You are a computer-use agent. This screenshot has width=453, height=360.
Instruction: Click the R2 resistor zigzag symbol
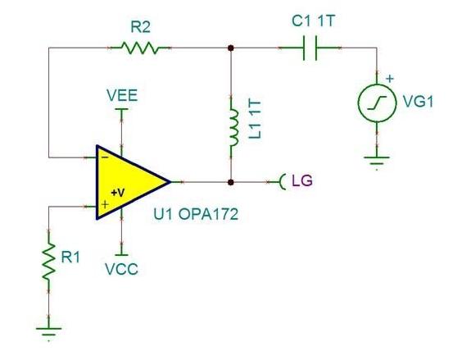[x=140, y=48]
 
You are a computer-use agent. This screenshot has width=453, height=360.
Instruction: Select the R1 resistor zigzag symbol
[x=48, y=261]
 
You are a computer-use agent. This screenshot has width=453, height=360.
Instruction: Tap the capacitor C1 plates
[x=310, y=48]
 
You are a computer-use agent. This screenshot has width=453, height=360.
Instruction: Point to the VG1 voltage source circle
[x=377, y=103]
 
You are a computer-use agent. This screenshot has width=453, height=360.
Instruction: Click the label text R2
[x=141, y=27]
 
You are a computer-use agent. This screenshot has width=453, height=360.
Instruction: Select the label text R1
[x=70, y=257]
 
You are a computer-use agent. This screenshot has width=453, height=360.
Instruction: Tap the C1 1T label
[x=314, y=21]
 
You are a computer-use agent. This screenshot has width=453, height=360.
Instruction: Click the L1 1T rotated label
[x=255, y=120]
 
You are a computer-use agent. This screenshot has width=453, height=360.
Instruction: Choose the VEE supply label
[x=122, y=95]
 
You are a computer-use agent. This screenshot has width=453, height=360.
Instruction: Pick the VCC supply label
[x=121, y=269]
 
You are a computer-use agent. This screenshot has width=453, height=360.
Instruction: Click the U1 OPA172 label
[x=196, y=214]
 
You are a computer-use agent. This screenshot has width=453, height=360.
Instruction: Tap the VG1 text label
[x=418, y=102]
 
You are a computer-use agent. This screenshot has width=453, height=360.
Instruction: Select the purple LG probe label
[x=302, y=180]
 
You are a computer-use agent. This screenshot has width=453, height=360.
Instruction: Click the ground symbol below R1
[x=48, y=331]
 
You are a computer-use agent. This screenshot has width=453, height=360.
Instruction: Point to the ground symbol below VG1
[x=377, y=162]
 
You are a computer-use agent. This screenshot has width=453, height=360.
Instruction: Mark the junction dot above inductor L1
[x=230, y=48]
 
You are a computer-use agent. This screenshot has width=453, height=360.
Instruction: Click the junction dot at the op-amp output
[x=230, y=182]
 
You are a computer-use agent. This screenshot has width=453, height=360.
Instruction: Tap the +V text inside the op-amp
[x=118, y=193]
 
